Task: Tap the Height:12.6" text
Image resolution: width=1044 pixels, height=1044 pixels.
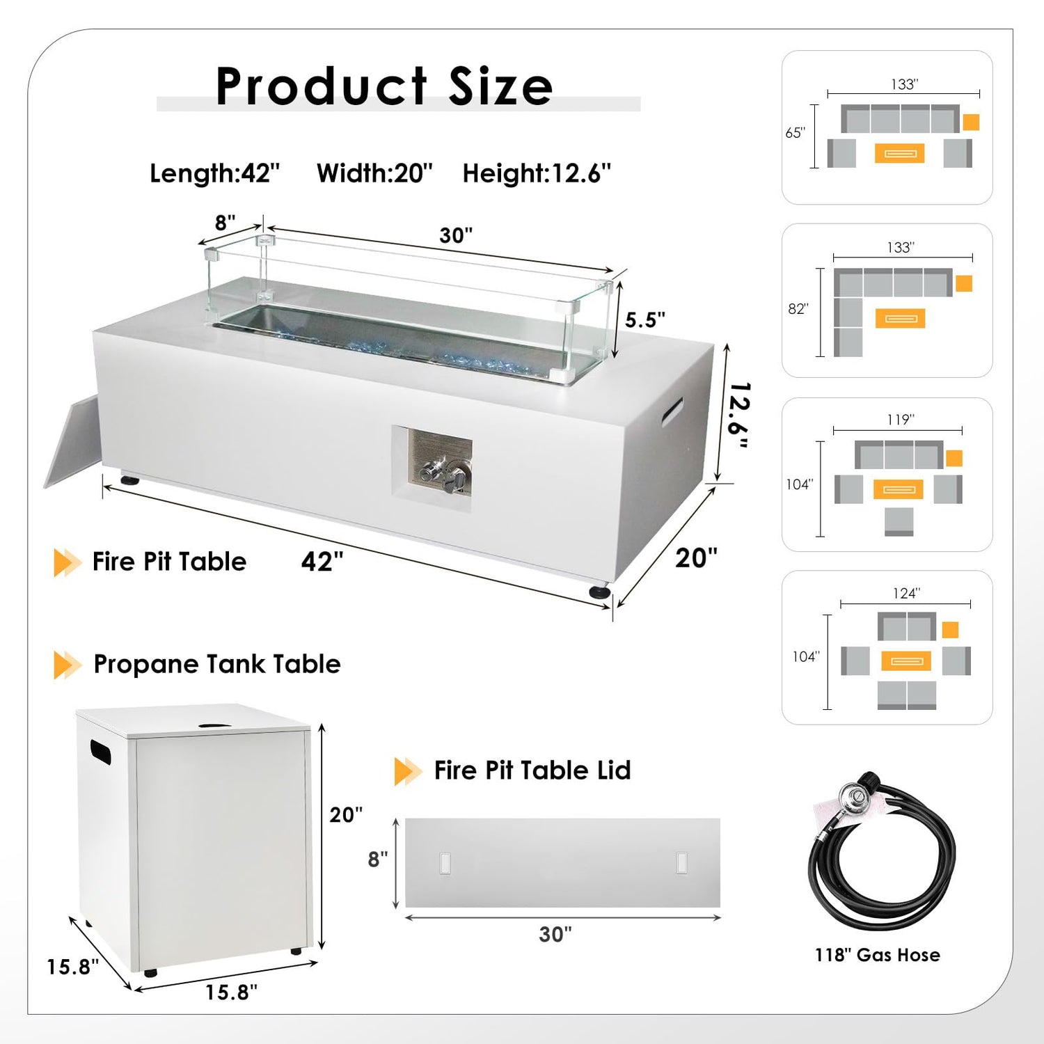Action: click(x=537, y=173)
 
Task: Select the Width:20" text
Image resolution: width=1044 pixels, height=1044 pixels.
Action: click(x=374, y=173)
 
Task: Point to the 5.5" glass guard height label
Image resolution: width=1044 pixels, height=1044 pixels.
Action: click(x=644, y=319)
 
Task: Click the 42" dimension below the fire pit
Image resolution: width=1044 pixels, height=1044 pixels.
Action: click(x=322, y=561)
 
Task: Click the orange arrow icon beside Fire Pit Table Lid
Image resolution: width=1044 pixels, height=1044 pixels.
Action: click(x=408, y=771)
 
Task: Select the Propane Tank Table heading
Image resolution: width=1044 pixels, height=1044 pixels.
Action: click(x=217, y=664)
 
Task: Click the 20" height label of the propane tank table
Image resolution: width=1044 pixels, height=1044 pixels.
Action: click(x=346, y=814)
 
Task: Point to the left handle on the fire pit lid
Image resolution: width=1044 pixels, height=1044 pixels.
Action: click(x=445, y=863)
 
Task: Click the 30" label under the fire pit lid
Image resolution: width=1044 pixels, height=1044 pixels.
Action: click(x=555, y=934)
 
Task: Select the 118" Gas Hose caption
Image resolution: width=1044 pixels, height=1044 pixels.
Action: click(x=878, y=955)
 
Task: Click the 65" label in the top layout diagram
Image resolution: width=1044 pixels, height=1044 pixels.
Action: click(x=795, y=132)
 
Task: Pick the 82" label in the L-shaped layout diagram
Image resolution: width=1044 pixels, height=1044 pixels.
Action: click(x=798, y=308)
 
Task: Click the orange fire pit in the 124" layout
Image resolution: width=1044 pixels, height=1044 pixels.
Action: click(x=905, y=661)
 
